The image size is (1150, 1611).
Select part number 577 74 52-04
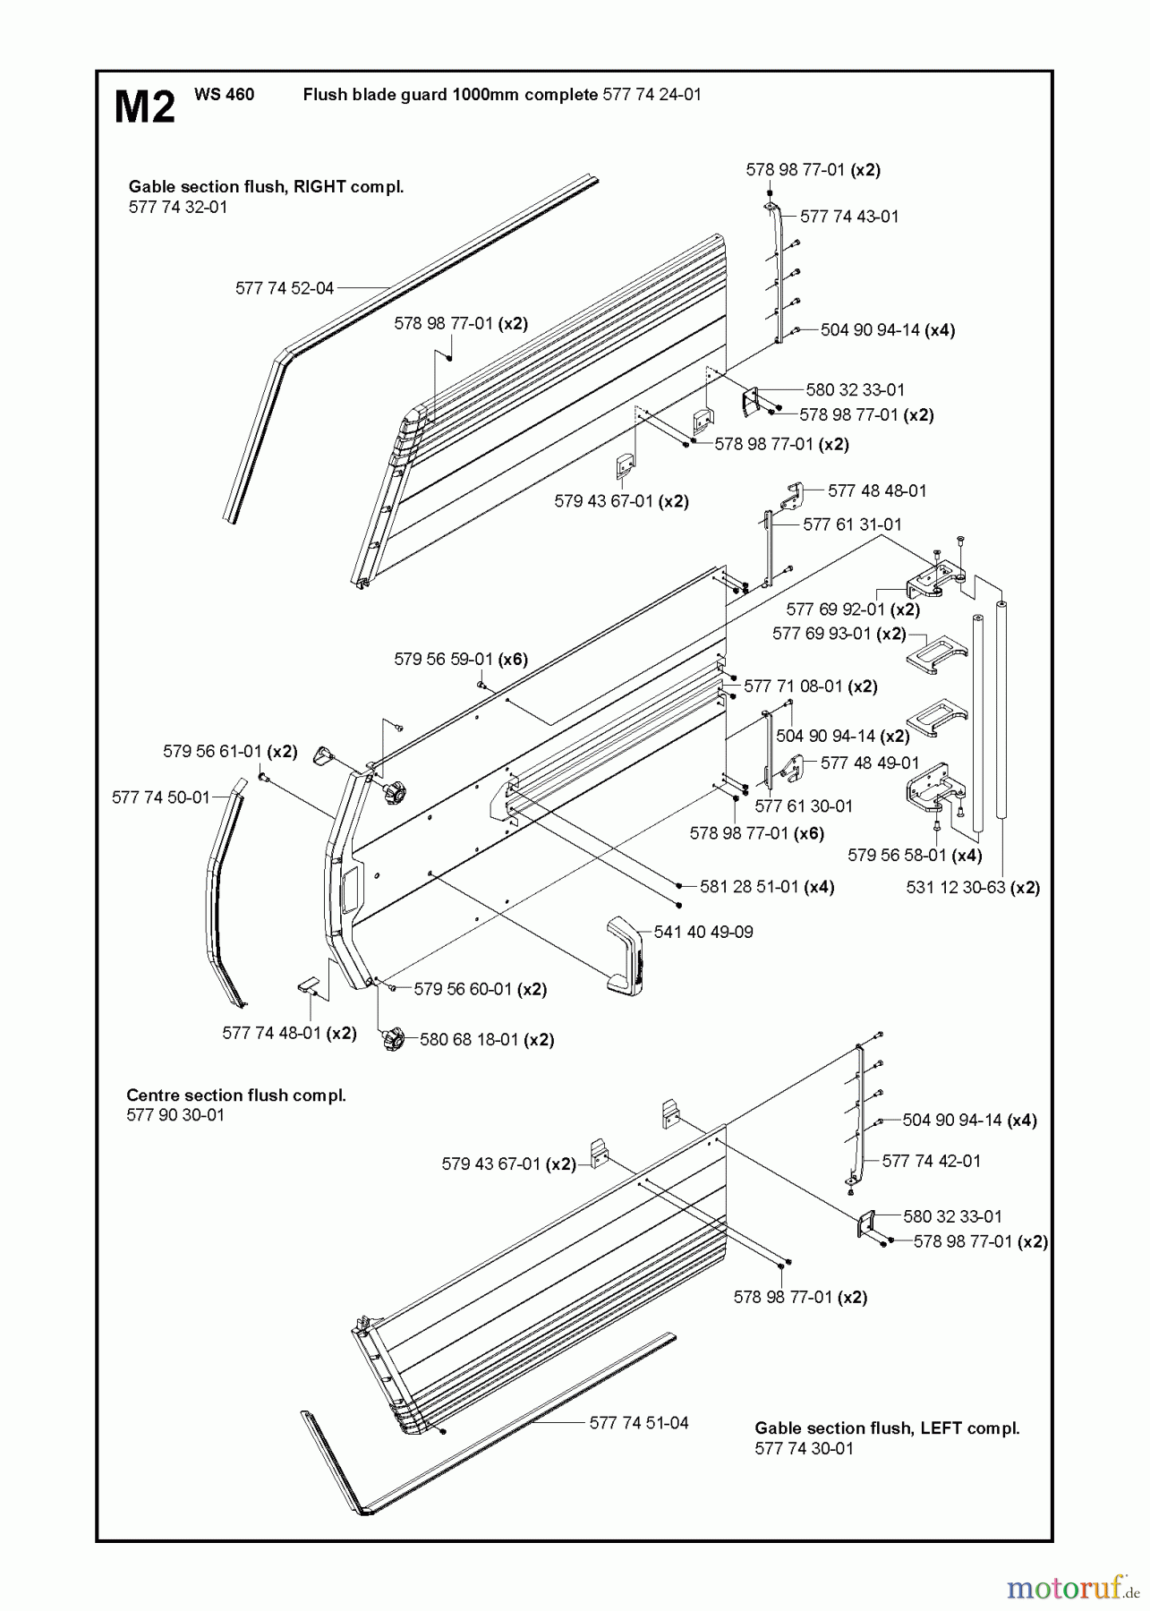[x=285, y=288]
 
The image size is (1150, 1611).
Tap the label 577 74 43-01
[x=848, y=217]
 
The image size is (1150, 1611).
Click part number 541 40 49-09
[x=703, y=932]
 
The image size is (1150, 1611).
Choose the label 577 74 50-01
[x=160, y=797]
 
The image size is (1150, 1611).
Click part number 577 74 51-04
[x=639, y=1423]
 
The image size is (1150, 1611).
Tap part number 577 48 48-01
[x=877, y=490]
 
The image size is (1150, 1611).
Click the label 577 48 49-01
[x=870, y=763]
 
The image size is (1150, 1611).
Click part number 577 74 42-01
[x=932, y=1161]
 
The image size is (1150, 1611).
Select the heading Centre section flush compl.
[x=236, y=1095]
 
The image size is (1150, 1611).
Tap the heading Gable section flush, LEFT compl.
[x=887, y=1428]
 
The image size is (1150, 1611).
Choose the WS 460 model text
[x=224, y=94]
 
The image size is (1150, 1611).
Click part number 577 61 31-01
[x=852, y=524]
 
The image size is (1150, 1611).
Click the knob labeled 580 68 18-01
[x=393, y=1040]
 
